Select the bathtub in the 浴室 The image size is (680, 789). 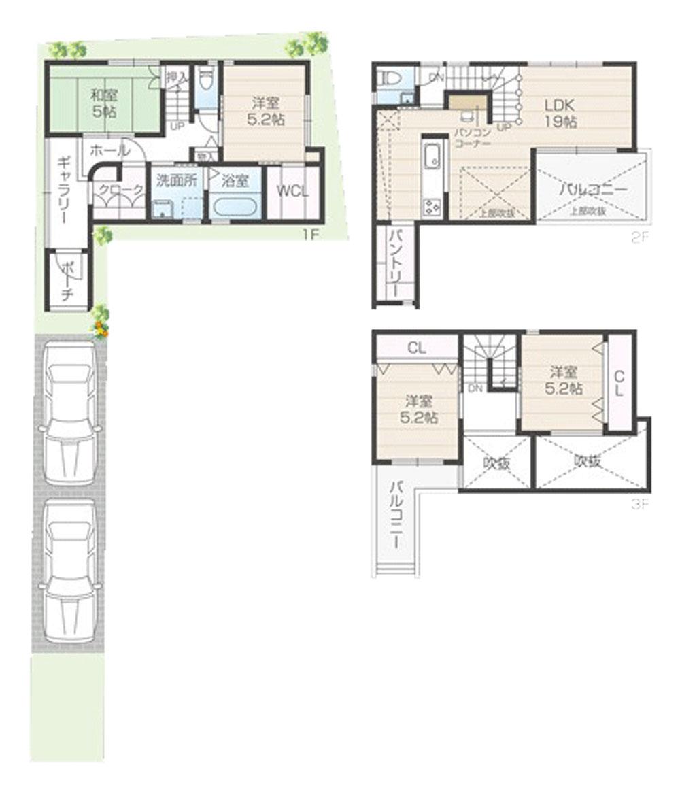point(233,206)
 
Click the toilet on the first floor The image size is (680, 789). point(207,80)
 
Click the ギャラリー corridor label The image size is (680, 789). point(63,190)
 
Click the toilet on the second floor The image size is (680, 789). point(390,79)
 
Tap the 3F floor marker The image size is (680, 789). point(640,505)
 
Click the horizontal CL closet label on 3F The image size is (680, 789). point(417,348)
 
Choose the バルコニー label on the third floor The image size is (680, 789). point(396,515)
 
